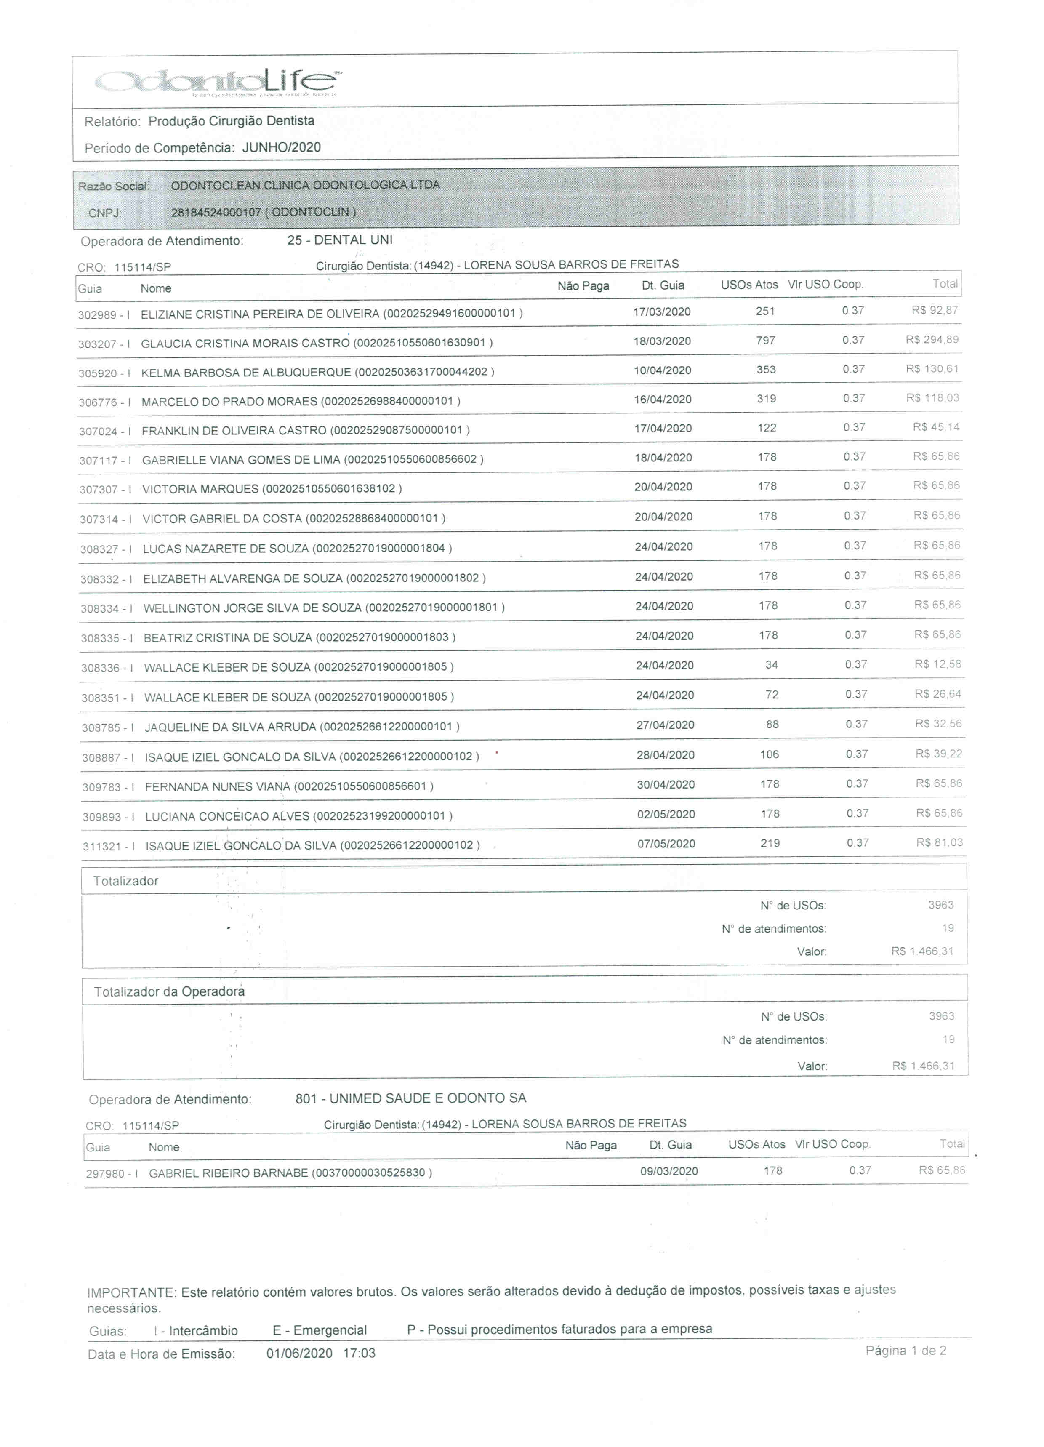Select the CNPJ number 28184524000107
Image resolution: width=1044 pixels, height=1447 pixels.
(216, 213)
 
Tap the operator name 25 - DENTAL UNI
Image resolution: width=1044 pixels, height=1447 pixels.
(340, 240)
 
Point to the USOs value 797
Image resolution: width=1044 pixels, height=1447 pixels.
(765, 341)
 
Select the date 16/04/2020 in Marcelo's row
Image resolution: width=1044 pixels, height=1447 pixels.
(662, 400)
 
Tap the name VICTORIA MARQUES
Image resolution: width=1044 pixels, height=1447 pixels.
(200, 489)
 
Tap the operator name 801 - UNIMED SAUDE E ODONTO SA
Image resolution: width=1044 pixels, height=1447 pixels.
(410, 1098)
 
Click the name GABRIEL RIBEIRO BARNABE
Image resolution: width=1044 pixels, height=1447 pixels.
(228, 1173)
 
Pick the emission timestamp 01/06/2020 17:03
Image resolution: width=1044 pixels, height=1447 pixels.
(320, 1353)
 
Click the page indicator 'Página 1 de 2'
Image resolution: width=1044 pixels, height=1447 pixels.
(905, 1350)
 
